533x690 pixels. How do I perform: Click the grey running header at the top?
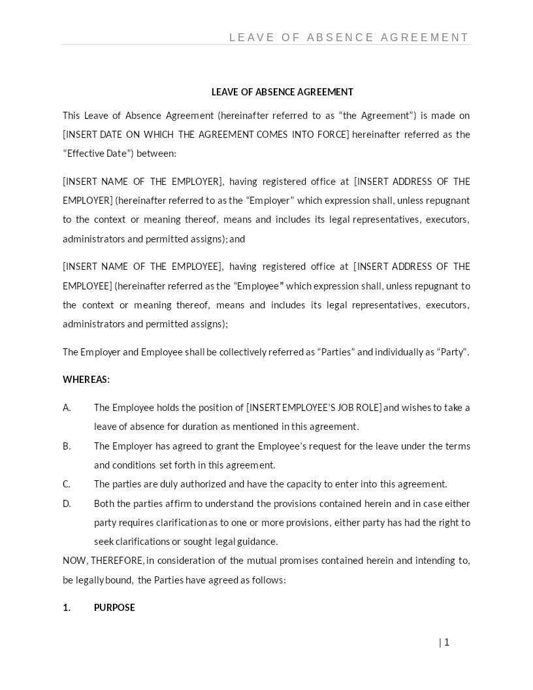(x=349, y=38)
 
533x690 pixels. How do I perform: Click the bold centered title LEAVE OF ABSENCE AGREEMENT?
(x=282, y=92)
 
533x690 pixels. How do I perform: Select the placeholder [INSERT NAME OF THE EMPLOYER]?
(x=143, y=182)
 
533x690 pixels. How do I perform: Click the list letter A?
(x=67, y=408)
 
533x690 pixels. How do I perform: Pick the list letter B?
(x=67, y=446)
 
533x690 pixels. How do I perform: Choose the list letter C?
(x=67, y=484)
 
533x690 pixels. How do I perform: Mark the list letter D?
(x=67, y=504)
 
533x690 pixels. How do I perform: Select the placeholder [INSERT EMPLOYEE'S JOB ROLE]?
(x=314, y=408)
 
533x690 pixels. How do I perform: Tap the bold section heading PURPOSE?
(x=114, y=608)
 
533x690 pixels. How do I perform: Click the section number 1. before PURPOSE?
(x=67, y=608)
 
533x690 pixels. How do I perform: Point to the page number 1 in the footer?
(x=447, y=642)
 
